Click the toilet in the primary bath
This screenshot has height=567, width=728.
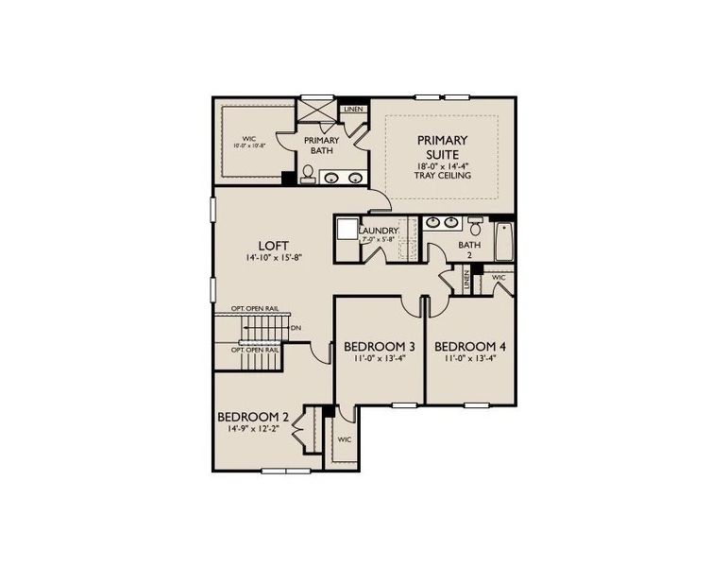coord(308,174)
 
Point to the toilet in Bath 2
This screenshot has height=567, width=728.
coord(476,226)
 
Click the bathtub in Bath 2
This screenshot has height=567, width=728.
coord(503,244)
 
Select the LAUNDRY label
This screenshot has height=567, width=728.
coord(380,230)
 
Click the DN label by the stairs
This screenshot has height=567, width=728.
coord(296,329)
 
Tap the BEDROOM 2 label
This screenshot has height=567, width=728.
coord(252,417)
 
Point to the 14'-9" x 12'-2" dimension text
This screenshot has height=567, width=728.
coord(252,429)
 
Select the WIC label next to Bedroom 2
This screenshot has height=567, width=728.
coord(345,439)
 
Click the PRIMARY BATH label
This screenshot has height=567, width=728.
coord(321,146)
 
